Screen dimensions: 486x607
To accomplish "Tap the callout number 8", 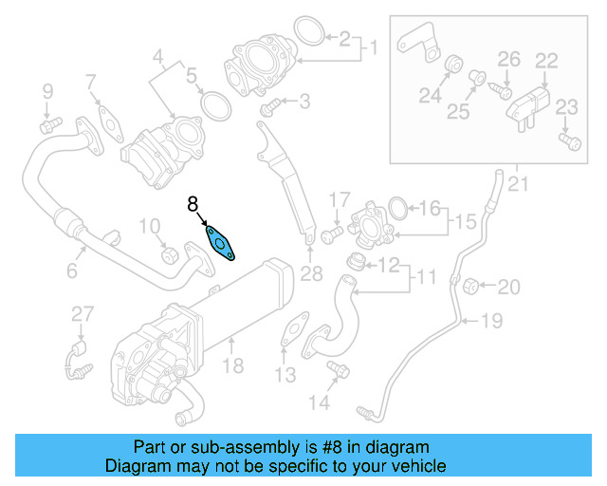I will coord(193,203).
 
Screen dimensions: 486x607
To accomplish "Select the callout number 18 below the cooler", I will coord(233,364).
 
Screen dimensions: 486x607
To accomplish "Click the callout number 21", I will coord(517,183).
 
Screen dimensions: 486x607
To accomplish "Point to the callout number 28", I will coord(311,275).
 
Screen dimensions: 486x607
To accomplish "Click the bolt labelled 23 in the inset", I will coord(569,141).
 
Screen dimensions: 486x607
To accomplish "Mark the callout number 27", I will coord(83,314).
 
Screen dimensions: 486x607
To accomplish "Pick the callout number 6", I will coord(70,271).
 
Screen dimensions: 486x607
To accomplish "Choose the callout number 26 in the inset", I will coord(509,59).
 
